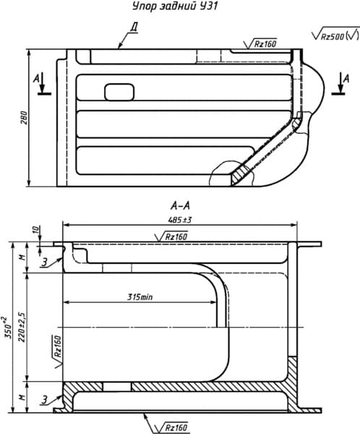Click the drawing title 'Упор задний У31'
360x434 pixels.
click(175, 7)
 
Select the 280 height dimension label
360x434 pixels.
click(25, 118)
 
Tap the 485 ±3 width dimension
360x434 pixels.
click(180, 220)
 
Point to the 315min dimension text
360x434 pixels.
click(140, 297)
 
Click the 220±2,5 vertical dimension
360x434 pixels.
click(22, 327)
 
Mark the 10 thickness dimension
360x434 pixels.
click(36, 229)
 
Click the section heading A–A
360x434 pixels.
click(180, 205)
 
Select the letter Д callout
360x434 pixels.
click(134, 27)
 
